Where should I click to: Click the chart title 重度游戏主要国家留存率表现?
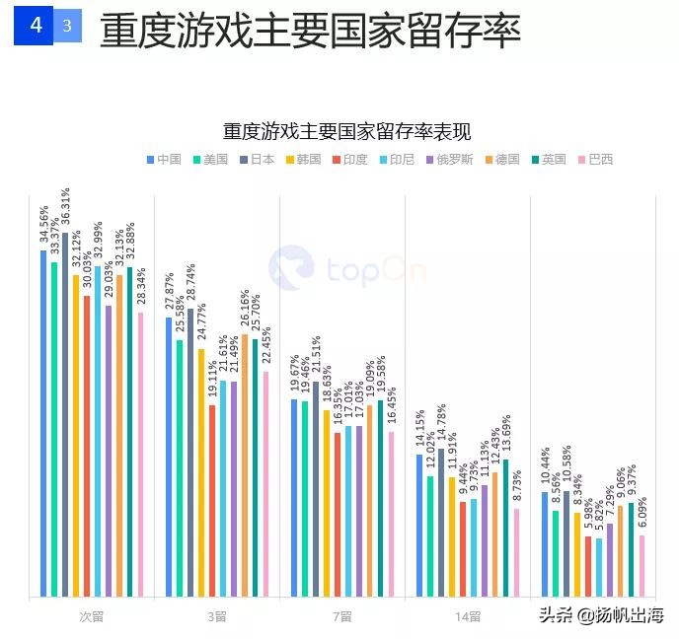click(346, 132)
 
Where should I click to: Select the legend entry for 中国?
click(163, 159)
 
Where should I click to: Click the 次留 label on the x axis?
click(92, 616)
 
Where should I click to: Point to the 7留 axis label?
click(342, 616)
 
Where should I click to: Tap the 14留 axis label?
click(468, 616)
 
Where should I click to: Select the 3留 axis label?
click(217, 616)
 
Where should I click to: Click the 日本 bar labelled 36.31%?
click(65, 414)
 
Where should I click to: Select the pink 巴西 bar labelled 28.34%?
click(141, 454)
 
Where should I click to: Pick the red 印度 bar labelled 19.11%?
click(212, 501)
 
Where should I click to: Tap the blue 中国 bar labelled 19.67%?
click(294, 498)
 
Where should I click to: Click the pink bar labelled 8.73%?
click(516, 552)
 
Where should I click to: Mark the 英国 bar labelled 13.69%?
click(505, 528)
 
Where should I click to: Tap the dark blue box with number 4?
click(36, 26)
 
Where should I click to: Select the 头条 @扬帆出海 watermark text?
click(601, 615)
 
